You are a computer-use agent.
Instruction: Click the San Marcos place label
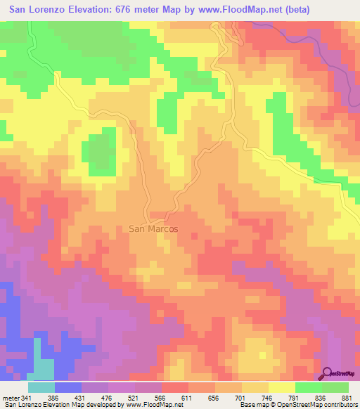tap(154, 229)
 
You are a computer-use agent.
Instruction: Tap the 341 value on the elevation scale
tap(34, 398)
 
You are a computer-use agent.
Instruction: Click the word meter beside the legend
tap(12, 398)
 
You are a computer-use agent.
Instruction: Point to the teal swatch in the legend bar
tap(41, 387)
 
